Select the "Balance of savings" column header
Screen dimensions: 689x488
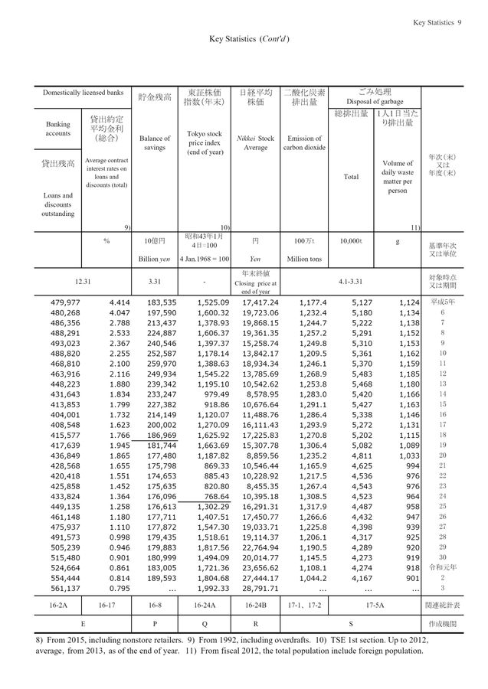click(x=156, y=143)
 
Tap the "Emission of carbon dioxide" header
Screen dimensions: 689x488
click(x=304, y=143)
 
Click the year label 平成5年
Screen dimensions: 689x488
click(x=443, y=303)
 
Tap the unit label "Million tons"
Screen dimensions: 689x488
click(x=304, y=259)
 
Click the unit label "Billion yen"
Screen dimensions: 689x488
click(x=156, y=259)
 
